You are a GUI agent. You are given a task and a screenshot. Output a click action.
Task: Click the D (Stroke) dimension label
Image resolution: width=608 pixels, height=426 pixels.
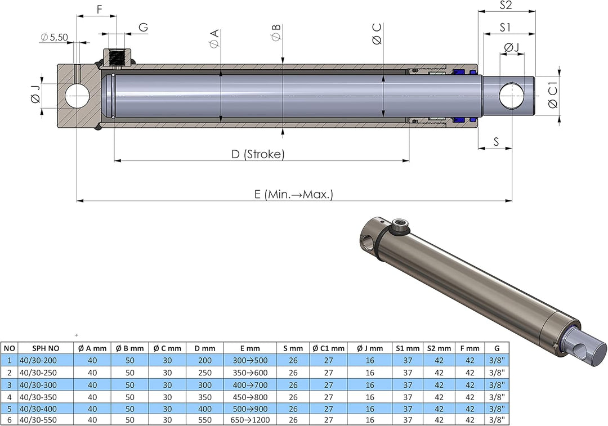click(x=258, y=154)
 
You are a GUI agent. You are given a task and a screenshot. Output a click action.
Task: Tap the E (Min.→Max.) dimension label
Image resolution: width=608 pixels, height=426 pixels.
click(x=294, y=195)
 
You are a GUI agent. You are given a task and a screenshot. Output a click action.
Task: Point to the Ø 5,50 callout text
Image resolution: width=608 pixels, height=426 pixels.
click(x=54, y=37)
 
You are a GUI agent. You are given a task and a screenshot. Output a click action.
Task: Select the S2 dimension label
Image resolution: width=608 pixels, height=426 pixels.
click(x=506, y=5)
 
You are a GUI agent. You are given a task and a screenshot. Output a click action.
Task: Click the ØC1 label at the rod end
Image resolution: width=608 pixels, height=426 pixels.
click(x=552, y=96)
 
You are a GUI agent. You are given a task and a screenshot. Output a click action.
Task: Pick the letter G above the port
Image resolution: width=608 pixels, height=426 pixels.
click(x=143, y=27)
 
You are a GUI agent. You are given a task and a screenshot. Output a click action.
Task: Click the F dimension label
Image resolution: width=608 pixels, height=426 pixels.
click(x=99, y=9)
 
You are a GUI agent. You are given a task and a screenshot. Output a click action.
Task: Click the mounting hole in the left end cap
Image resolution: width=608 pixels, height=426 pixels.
click(x=76, y=96)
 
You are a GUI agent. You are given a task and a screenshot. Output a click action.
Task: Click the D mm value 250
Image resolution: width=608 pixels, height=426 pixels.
click(x=205, y=373)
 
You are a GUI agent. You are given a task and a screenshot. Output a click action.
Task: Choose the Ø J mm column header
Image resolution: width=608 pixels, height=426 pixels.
click(x=370, y=348)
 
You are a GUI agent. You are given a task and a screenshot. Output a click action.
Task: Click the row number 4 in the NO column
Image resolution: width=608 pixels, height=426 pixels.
click(x=9, y=396)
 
